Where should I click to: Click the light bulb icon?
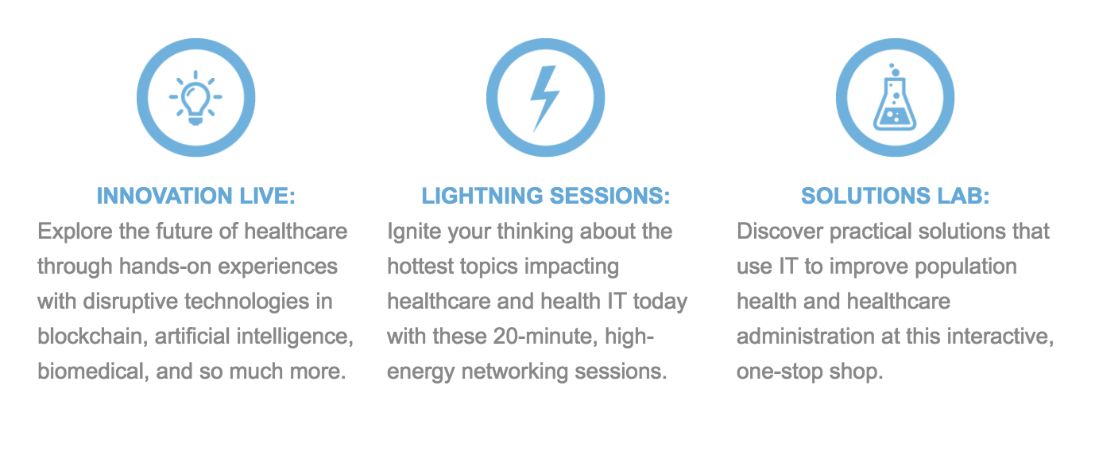195,97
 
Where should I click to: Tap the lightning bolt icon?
544,99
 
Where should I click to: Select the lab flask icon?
895,97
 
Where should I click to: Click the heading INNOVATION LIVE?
196,196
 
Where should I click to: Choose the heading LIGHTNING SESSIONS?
546,196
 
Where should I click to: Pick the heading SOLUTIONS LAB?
895,196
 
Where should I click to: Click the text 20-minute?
545,337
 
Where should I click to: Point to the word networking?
514,372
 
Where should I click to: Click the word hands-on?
164,267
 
